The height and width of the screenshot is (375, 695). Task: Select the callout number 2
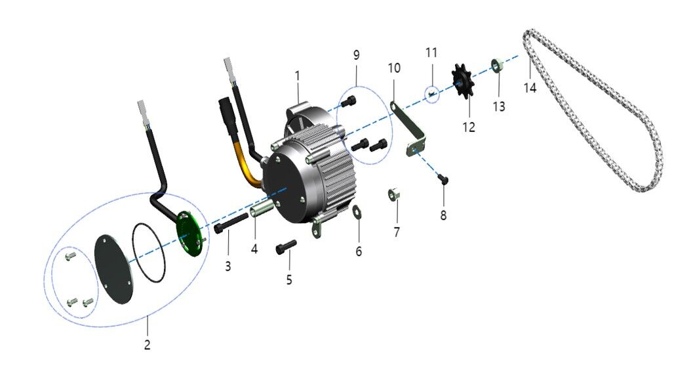pos(148,344)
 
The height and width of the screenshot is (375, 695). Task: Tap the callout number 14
pos(530,87)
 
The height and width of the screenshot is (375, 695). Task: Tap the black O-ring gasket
pos(149,253)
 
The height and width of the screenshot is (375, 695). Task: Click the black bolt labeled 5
pos(286,246)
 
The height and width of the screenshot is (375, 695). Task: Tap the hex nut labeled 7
pos(395,195)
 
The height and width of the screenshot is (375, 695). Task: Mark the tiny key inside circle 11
pos(431,95)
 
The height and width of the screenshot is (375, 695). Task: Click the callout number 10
pos(393,68)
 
